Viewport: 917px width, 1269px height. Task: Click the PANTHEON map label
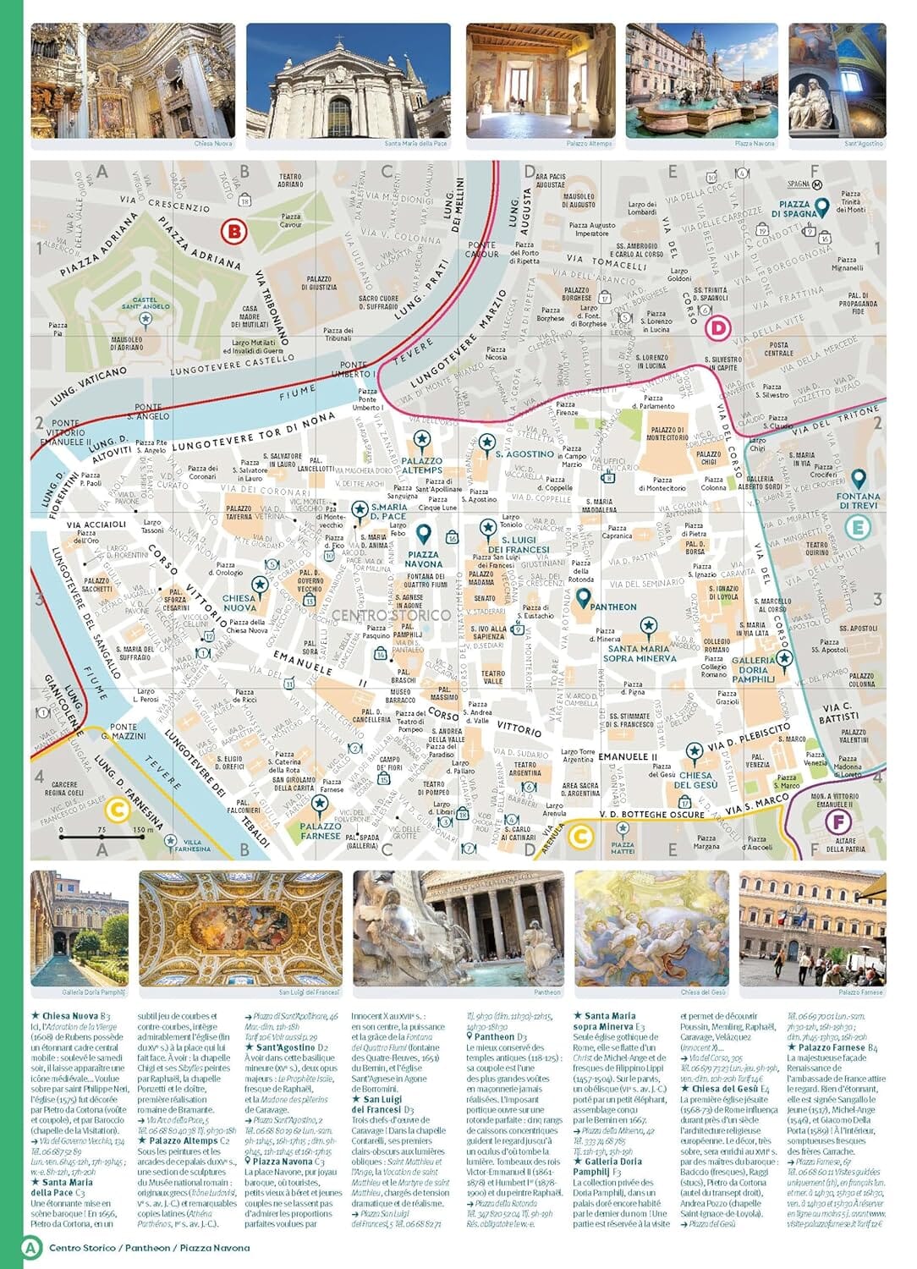coord(613,607)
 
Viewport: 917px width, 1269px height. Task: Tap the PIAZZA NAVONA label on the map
coord(423,558)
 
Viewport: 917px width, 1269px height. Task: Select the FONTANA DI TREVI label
coord(858,501)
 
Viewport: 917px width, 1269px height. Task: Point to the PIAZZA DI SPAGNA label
coord(793,209)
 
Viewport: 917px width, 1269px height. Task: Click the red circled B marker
coord(233,231)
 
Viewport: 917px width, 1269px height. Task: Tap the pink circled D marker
coord(718,327)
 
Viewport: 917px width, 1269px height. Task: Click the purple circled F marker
coord(838,821)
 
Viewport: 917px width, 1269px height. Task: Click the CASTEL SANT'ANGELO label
coord(146,303)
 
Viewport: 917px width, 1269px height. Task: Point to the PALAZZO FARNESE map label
coord(320,830)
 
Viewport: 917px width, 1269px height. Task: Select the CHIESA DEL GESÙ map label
coord(695,779)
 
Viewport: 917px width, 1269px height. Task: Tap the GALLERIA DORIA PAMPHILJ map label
coord(753,669)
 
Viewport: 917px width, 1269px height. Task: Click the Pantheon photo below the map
coord(458,928)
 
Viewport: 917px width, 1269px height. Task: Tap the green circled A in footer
coord(30,1247)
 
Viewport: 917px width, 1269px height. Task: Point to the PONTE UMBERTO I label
coord(354,370)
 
